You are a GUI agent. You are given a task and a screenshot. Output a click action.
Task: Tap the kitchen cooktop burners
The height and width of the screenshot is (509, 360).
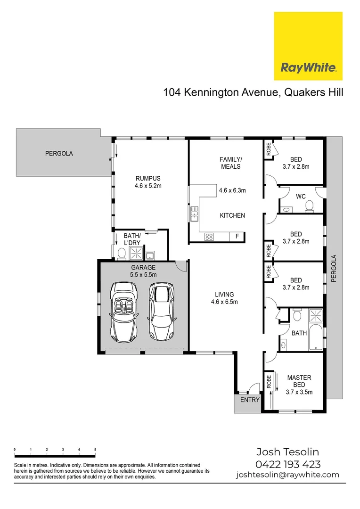(x=209, y=237)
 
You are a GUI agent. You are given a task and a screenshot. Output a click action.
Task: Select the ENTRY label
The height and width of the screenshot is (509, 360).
(x=250, y=400)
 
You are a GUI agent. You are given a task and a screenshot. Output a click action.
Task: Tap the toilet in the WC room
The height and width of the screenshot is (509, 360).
(x=310, y=205)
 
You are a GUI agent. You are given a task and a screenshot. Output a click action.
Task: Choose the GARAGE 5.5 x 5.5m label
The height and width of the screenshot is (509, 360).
(x=143, y=271)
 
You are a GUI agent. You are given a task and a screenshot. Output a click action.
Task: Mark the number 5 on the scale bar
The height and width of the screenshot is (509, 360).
(x=95, y=450)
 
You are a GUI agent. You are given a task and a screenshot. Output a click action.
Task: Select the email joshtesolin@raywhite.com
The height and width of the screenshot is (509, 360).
(x=287, y=475)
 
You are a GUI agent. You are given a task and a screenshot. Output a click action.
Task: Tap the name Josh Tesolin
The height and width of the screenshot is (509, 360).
(x=287, y=453)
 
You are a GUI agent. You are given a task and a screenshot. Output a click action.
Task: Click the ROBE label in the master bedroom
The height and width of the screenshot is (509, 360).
(x=269, y=380)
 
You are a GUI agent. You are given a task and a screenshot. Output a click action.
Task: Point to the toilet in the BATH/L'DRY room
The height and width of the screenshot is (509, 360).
(x=121, y=254)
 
